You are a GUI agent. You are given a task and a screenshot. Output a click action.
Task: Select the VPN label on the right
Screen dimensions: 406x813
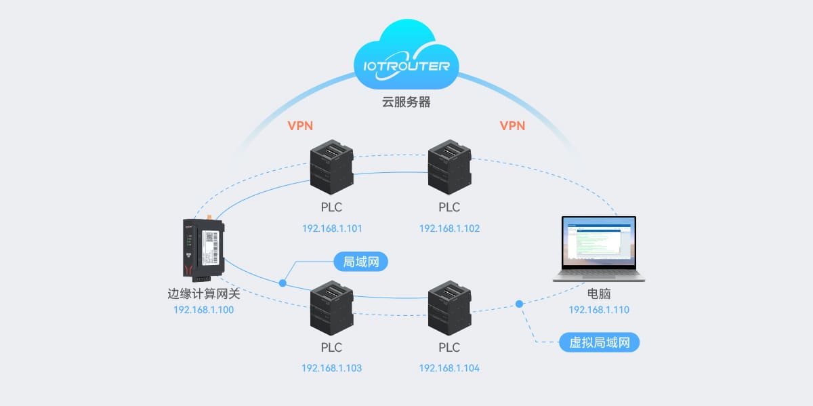coord(512,126)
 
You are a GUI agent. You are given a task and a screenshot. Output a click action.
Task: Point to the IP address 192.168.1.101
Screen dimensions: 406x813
coord(332,228)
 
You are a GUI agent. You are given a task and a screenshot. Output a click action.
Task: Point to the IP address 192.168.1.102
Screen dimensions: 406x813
coord(449,228)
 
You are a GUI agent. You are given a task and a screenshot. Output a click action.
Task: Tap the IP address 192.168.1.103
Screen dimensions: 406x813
coord(332,369)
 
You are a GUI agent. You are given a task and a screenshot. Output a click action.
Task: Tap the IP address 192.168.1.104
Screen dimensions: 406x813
coord(449,369)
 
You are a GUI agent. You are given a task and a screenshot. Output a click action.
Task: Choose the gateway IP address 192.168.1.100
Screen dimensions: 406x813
coord(203,310)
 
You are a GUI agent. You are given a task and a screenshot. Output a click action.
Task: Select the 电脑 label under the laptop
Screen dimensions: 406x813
coord(599,296)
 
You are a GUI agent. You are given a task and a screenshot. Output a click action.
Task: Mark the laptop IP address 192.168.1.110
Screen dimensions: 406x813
coord(599,310)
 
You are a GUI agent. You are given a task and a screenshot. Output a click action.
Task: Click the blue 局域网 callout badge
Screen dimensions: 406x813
coord(360,262)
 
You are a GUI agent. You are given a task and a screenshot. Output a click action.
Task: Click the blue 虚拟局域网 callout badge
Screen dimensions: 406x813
coord(600,342)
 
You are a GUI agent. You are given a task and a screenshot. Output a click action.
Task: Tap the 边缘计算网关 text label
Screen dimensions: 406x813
coord(203,295)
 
